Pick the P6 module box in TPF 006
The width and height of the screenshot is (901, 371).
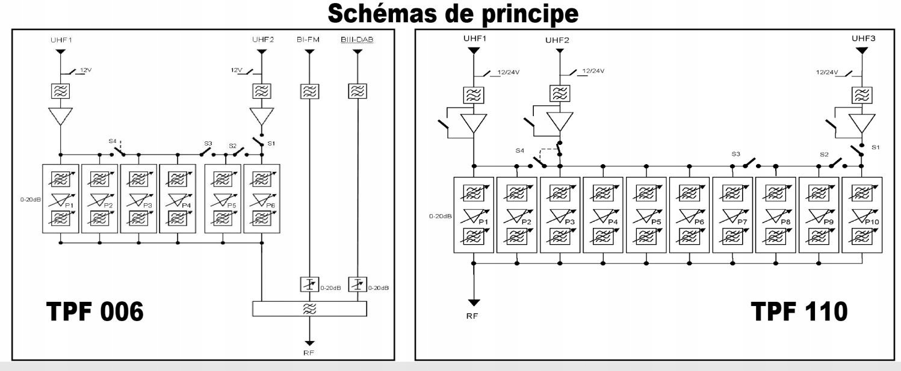pos(261,198)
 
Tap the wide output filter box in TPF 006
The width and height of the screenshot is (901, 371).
pos(309,308)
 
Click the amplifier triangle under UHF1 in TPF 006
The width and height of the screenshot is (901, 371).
pos(60,116)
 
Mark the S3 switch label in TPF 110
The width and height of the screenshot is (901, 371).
pos(736,155)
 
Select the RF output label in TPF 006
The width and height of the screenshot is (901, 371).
pos(309,352)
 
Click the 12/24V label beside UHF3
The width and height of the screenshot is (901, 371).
pos(826,72)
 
